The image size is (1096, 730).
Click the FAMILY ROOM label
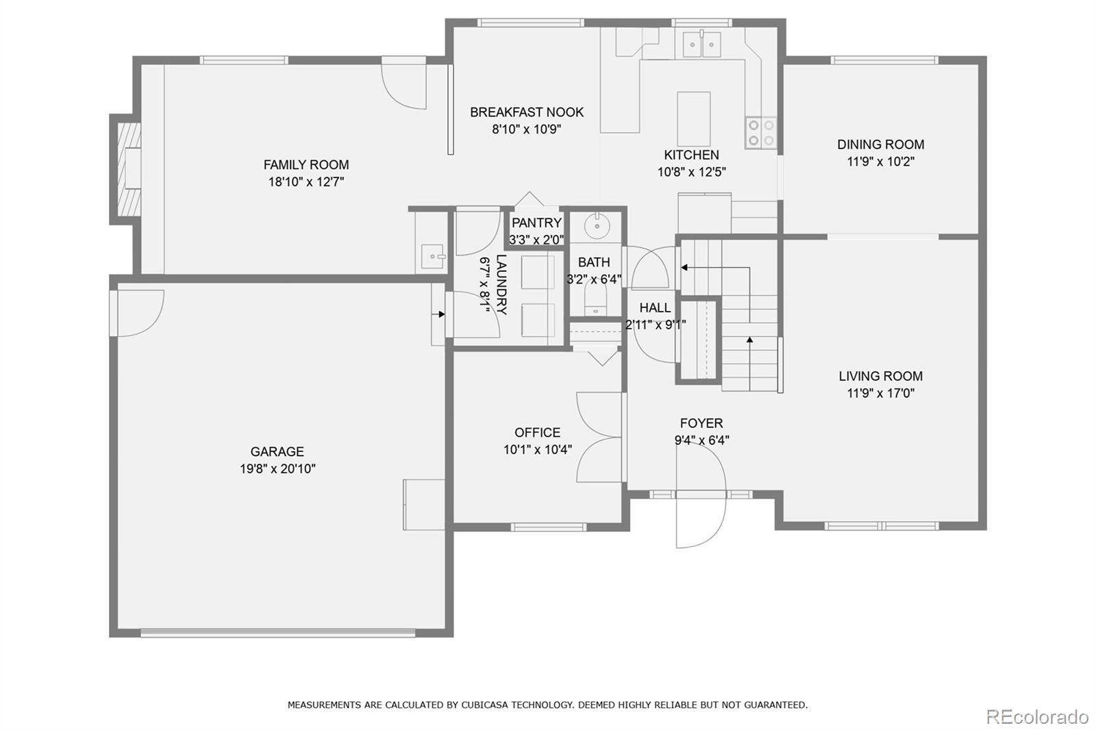(x=306, y=164)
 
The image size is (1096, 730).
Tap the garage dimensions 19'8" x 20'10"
(x=277, y=468)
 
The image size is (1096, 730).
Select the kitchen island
(x=694, y=119)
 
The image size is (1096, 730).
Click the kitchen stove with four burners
(x=761, y=133)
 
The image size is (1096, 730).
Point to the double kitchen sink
(x=701, y=44)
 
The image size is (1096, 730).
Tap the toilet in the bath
(x=595, y=299)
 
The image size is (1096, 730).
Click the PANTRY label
(x=536, y=223)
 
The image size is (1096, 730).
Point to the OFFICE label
(x=537, y=433)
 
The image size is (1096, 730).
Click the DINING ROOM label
(x=881, y=144)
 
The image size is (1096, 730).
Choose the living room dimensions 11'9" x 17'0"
(x=881, y=393)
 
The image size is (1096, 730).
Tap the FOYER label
(x=701, y=423)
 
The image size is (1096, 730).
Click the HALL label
(x=655, y=307)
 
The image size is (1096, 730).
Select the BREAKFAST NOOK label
(x=527, y=112)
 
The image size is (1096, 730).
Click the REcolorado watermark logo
(x=1037, y=717)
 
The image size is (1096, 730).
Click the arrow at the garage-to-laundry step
(x=438, y=314)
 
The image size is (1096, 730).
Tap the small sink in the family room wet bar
(x=432, y=256)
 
